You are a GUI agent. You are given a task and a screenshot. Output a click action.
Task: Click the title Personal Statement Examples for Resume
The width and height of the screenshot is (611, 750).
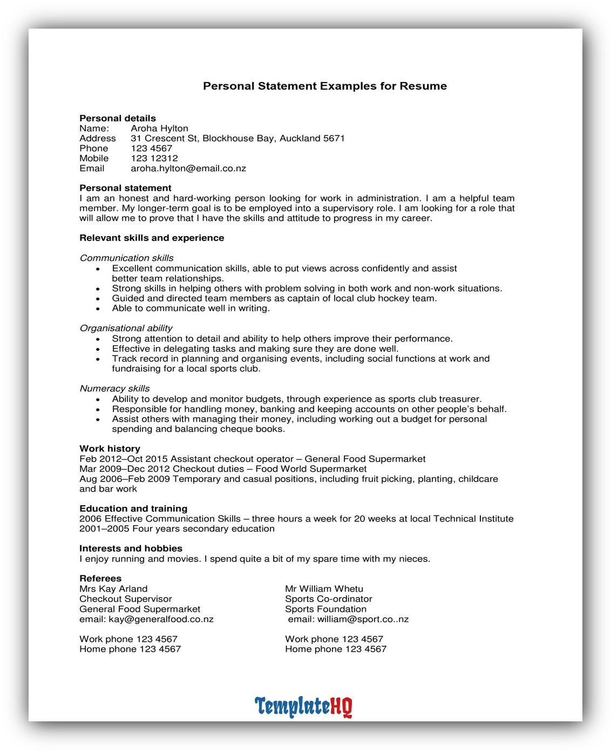(324, 86)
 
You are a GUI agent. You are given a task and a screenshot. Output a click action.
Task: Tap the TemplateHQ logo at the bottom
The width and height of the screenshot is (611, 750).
(303, 706)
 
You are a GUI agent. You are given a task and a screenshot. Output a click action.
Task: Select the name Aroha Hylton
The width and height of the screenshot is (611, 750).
(159, 129)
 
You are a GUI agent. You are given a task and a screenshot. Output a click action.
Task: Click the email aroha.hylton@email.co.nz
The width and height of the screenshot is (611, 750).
(188, 169)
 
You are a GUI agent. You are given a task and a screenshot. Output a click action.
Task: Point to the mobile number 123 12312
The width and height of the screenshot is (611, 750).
(154, 158)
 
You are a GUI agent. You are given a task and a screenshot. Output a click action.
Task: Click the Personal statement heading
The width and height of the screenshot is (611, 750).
(125, 188)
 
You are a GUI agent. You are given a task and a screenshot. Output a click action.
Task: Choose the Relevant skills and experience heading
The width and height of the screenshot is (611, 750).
(152, 238)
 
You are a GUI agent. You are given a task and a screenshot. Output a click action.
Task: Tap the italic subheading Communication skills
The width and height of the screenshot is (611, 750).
(126, 258)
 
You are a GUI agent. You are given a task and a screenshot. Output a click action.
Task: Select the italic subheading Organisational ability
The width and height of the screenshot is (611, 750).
(126, 329)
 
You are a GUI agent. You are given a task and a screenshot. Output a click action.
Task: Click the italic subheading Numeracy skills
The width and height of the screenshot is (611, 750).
(114, 389)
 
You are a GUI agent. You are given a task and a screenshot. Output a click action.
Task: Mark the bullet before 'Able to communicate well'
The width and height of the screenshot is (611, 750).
(98, 309)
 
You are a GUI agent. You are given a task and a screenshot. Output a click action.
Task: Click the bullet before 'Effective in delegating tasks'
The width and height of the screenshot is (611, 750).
(98, 349)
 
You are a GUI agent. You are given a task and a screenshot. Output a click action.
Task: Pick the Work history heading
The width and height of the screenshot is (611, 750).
(110, 448)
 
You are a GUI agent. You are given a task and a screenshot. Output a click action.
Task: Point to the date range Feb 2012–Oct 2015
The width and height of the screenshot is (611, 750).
(123, 459)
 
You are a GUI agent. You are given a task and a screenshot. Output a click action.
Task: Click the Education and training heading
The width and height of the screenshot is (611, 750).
(133, 508)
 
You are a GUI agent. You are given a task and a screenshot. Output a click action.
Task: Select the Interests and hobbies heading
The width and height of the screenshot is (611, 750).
(131, 548)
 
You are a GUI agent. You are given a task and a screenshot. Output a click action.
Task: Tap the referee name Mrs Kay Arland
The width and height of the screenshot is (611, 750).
(113, 589)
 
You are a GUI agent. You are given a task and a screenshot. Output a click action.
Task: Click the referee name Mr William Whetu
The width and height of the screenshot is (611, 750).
(324, 589)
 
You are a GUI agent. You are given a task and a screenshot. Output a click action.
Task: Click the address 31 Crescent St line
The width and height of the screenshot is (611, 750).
(237, 138)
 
